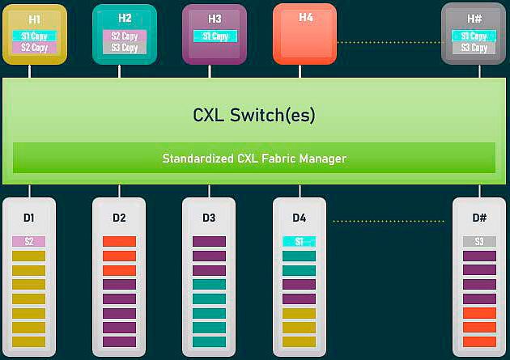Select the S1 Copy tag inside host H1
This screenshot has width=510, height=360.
[x=34, y=36]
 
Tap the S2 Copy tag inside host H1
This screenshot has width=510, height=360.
[x=34, y=48]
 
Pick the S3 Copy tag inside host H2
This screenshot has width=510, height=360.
[x=124, y=48]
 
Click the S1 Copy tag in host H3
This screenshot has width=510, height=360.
[x=215, y=36]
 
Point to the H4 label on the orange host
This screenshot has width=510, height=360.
[x=305, y=18]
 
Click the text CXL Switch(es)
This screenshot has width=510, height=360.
[x=253, y=115]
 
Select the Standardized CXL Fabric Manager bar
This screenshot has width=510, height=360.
[x=253, y=158]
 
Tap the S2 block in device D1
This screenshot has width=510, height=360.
[x=28, y=241]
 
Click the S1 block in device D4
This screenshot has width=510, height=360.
[x=299, y=241]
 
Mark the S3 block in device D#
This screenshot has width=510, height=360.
[x=479, y=241]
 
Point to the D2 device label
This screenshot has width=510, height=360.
[x=119, y=218]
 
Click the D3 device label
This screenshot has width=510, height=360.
[x=209, y=218]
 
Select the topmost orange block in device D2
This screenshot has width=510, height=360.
[x=119, y=241]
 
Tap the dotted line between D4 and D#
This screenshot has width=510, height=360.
[x=390, y=220]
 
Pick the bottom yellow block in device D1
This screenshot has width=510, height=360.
[x=28, y=341]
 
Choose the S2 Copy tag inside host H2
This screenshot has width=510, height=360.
[x=124, y=36]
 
